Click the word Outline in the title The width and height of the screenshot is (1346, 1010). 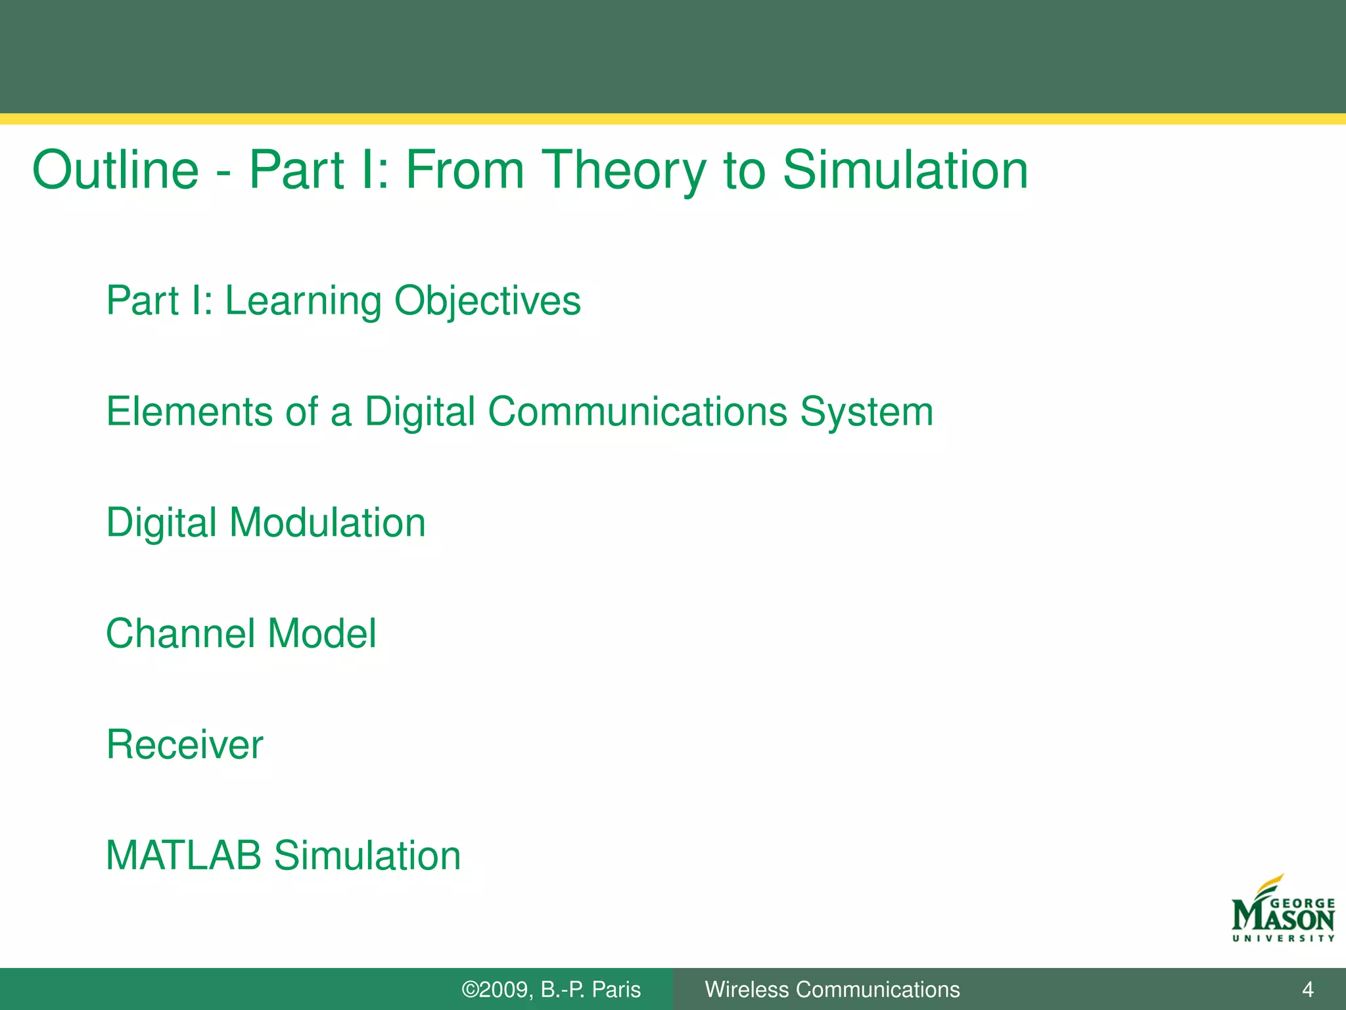coord(116,170)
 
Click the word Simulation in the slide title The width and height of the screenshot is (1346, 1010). coord(905,170)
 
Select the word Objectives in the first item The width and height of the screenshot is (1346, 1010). coord(487,302)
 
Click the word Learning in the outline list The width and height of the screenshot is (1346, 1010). coord(302,302)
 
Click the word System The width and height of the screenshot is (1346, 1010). coord(866,413)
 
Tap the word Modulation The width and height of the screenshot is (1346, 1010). coord(327,523)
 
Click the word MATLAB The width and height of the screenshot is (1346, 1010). coord(183,855)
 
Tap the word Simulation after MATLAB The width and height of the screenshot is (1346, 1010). coord(367,855)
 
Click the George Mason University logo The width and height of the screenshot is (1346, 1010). coord(1283,911)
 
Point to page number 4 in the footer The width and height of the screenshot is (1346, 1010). coord(1307,990)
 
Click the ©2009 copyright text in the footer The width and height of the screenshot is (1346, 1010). coord(496,990)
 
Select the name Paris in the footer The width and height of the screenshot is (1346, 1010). coord(616,990)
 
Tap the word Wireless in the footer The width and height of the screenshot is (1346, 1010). coord(747,990)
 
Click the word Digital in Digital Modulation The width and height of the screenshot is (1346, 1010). coord(162,524)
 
